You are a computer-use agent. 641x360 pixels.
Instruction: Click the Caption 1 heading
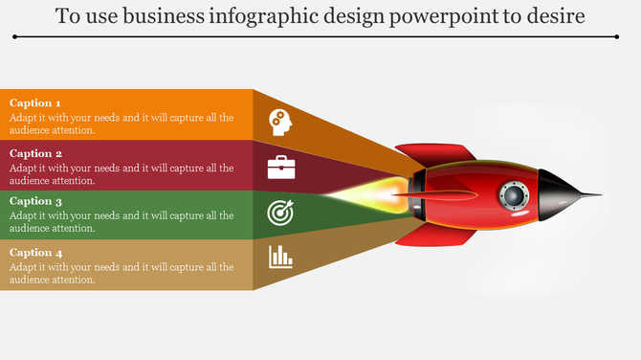click(35, 103)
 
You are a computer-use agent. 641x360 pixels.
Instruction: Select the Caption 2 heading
click(35, 153)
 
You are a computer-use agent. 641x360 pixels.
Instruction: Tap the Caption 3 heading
click(35, 202)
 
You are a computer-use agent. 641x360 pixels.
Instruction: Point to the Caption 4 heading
click(35, 252)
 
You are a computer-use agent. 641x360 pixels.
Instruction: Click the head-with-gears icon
click(280, 120)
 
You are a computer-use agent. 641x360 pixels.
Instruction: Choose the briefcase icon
click(280, 169)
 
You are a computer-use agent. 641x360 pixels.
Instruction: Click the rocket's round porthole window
click(514, 196)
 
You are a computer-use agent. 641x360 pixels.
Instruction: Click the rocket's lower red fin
click(435, 232)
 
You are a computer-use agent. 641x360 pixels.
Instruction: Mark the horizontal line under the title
click(316, 36)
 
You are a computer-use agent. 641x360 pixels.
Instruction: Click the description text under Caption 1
click(122, 124)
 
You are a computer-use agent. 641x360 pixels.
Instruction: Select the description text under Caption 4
click(122, 273)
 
